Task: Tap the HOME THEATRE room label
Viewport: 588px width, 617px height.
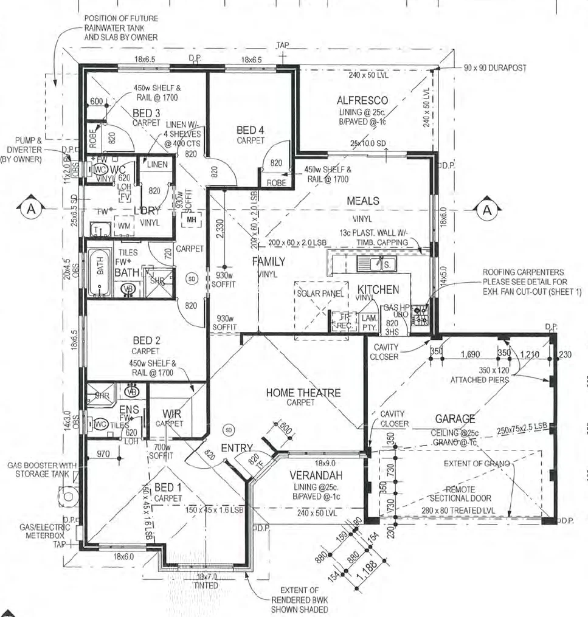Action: [x=303, y=393]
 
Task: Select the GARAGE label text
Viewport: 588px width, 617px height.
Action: [x=455, y=419]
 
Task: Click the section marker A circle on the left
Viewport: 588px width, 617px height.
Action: [x=30, y=209]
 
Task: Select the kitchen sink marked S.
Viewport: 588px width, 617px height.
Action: [x=386, y=264]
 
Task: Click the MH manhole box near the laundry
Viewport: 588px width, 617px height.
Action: [x=190, y=219]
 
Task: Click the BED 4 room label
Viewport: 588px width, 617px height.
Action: [x=251, y=130]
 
